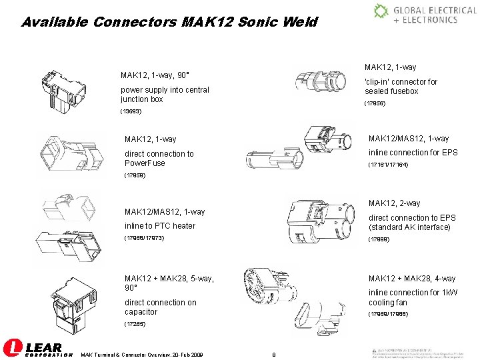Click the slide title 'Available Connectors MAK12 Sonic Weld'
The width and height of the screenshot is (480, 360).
point(169,22)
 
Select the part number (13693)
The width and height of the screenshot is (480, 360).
point(131,111)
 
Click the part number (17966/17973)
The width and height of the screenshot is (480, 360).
point(144,238)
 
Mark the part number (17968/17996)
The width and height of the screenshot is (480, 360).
point(389,314)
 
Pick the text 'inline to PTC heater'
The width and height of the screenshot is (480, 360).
point(160,225)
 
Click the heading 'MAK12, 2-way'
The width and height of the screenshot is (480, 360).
point(394,203)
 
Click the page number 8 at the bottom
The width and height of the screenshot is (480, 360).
point(274,353)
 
